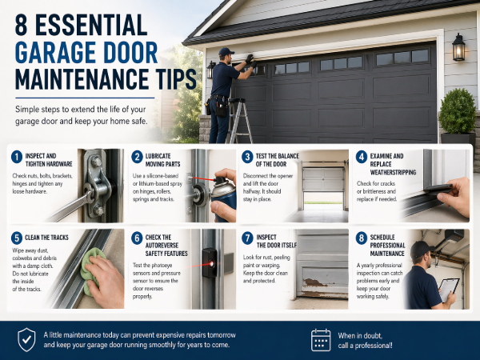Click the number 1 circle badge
coord(17,157)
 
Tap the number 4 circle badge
coord(362,157)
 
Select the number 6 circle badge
coord(137,238)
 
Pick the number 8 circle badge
coord(362,238)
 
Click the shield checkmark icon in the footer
coord(26,339)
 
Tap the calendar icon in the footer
coord(321,340)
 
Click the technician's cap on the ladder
coord(226,51)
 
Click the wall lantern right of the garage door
coord(458,47)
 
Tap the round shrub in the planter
coord(458,111)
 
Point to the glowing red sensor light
coord(211,263)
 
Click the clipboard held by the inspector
coord(449,289)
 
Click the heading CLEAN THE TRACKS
coord(46,238)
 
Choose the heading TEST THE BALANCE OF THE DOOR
coord(277,160)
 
